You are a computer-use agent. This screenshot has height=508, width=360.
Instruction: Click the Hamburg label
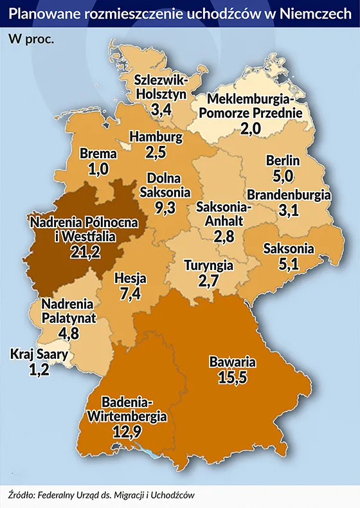click(x=156, y=137)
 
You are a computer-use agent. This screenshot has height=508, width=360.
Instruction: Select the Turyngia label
click(x=209, y=265)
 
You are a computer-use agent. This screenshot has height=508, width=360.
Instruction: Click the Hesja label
click(x=130, y=279)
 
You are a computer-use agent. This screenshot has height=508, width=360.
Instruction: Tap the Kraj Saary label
click(x=37, y=354)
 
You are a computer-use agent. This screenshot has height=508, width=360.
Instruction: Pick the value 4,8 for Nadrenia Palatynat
click(x=66, y=332)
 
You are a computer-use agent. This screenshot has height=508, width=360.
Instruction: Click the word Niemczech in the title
click(x=311, y=12)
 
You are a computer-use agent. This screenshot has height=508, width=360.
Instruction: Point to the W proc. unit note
click(x=31, y=37)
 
